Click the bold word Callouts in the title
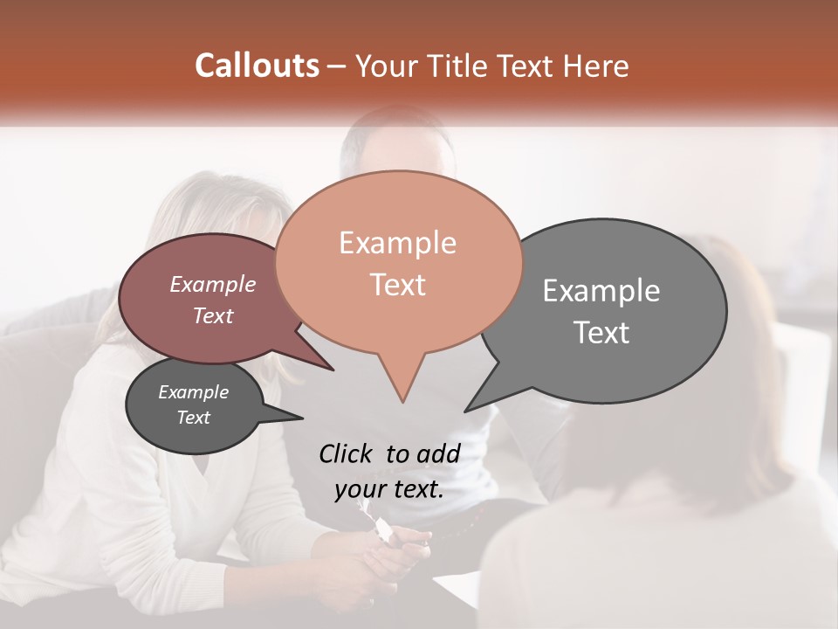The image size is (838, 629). (257, 66)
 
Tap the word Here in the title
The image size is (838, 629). (593, 66)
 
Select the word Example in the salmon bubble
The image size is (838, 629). (397, 243)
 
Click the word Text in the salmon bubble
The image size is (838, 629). (397, 285)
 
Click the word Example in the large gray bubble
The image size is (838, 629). (601, 291)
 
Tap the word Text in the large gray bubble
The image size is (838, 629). (601, 333)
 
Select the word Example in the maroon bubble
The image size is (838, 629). (213, 284)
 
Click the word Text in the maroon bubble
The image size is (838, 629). (213, 315)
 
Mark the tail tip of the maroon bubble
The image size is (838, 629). (333, 370)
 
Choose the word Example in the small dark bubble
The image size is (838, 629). (194, 392)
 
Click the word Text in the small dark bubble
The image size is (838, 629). (194, 418)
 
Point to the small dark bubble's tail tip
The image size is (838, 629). (303, 417)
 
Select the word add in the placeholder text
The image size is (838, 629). (438, 453)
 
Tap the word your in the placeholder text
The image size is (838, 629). (361, 489)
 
